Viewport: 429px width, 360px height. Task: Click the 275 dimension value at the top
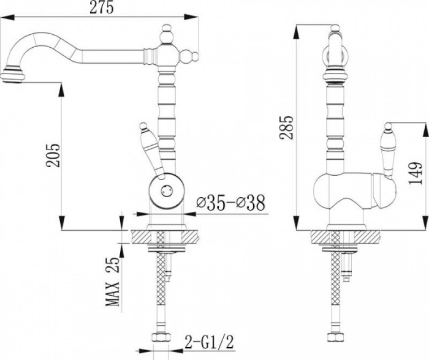click(x=102, y=8)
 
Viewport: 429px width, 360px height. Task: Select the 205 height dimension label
click(x=53, y=155)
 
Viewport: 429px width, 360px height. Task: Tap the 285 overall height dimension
click(x=286, y=127)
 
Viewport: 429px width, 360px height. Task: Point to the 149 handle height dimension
click(x=416, y=173)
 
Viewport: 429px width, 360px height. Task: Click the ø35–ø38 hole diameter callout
click(x=231, y=203)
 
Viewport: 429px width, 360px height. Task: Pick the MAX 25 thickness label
click(x=112, y=281)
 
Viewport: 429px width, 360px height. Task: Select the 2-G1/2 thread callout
click(x=210, y=342)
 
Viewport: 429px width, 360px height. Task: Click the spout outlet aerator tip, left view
click(x=12, y=77)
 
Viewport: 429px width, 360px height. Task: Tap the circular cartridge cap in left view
click(x=167, y=190)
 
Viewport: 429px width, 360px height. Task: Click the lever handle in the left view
click(x=152, y=151)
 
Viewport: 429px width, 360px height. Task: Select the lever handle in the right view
click(x=389, y=151)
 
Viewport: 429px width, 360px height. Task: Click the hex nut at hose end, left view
click(x=161, y=337)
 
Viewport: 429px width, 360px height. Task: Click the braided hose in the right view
click(x=336, y=282)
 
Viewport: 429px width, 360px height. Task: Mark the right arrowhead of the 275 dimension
click(x=191, y=17)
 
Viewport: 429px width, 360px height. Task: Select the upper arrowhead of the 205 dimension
click(x=61, y=89)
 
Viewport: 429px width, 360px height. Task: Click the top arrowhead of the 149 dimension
click(x=425, y=130)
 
